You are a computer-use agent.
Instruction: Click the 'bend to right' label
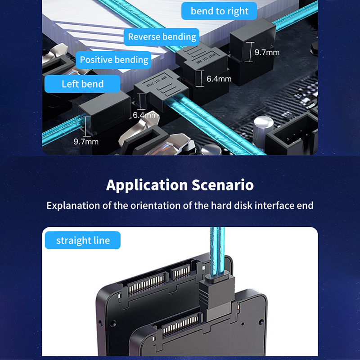coord(219,11)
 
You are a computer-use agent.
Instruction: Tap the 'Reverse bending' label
coord(162,37)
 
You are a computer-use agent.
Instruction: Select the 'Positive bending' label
coord(114,60)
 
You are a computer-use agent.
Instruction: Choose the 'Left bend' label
coord(82,84)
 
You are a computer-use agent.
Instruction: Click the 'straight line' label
coord(83,240)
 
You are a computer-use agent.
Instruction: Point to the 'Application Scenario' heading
coord(180,185)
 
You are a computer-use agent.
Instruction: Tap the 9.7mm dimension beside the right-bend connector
coord(267,52)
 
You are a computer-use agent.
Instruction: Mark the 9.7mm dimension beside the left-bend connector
coord(86,142)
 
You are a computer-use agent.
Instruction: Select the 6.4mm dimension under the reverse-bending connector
coord(219,79)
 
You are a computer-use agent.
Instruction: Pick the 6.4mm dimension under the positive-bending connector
coord(145,115)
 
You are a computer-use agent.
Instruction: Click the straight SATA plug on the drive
coord(216,296)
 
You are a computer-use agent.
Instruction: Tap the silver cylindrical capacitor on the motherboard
coord(263,129)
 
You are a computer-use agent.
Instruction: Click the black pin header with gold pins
coord(292,135)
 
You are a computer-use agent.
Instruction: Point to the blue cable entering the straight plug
coord(217,252)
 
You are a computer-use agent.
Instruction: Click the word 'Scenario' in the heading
coord(223,185)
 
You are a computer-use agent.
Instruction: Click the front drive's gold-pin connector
coord(180,324)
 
